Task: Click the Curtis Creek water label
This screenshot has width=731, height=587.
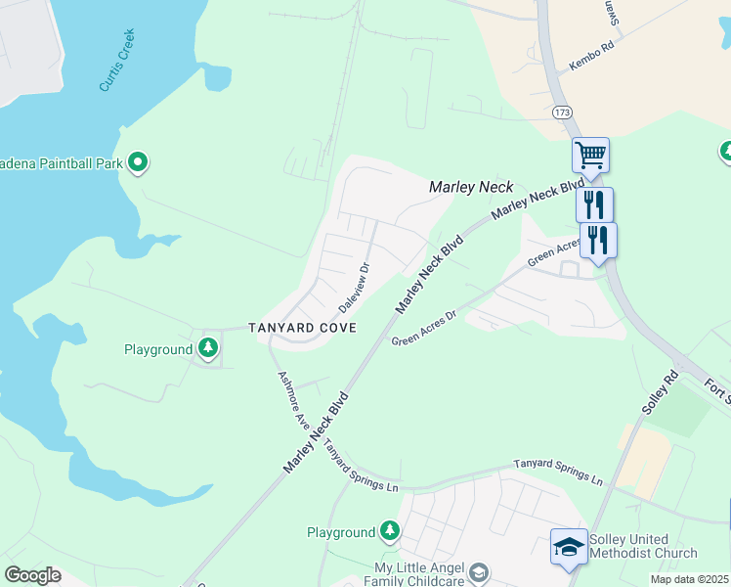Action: pyautogui.click(x=117, y=62)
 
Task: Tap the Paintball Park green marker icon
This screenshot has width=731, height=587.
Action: pyautogui.click(x=139, y=162)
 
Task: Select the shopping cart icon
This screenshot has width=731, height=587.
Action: pyautogui.click(x=590, y=155)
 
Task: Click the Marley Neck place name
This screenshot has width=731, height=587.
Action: pyautogui.click(x=471, y=186)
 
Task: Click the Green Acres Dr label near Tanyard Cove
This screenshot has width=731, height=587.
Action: pyautogui.click(x=424, y=329)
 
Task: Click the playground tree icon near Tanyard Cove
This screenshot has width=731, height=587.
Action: pyautogui.click(x=207, y=348)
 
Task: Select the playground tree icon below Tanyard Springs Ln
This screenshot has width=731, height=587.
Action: pyautogui.click(x=390, y=531)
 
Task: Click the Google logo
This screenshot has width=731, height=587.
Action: pyautogui.click(x=32, y=575)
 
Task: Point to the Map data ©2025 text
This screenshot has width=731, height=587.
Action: pyautogui.click(x=690, y=579)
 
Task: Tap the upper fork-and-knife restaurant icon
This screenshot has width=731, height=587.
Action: pyautogui.click(x=594, y=204)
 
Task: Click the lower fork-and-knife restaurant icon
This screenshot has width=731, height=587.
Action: pyautogui.click(x=598, y=239)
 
